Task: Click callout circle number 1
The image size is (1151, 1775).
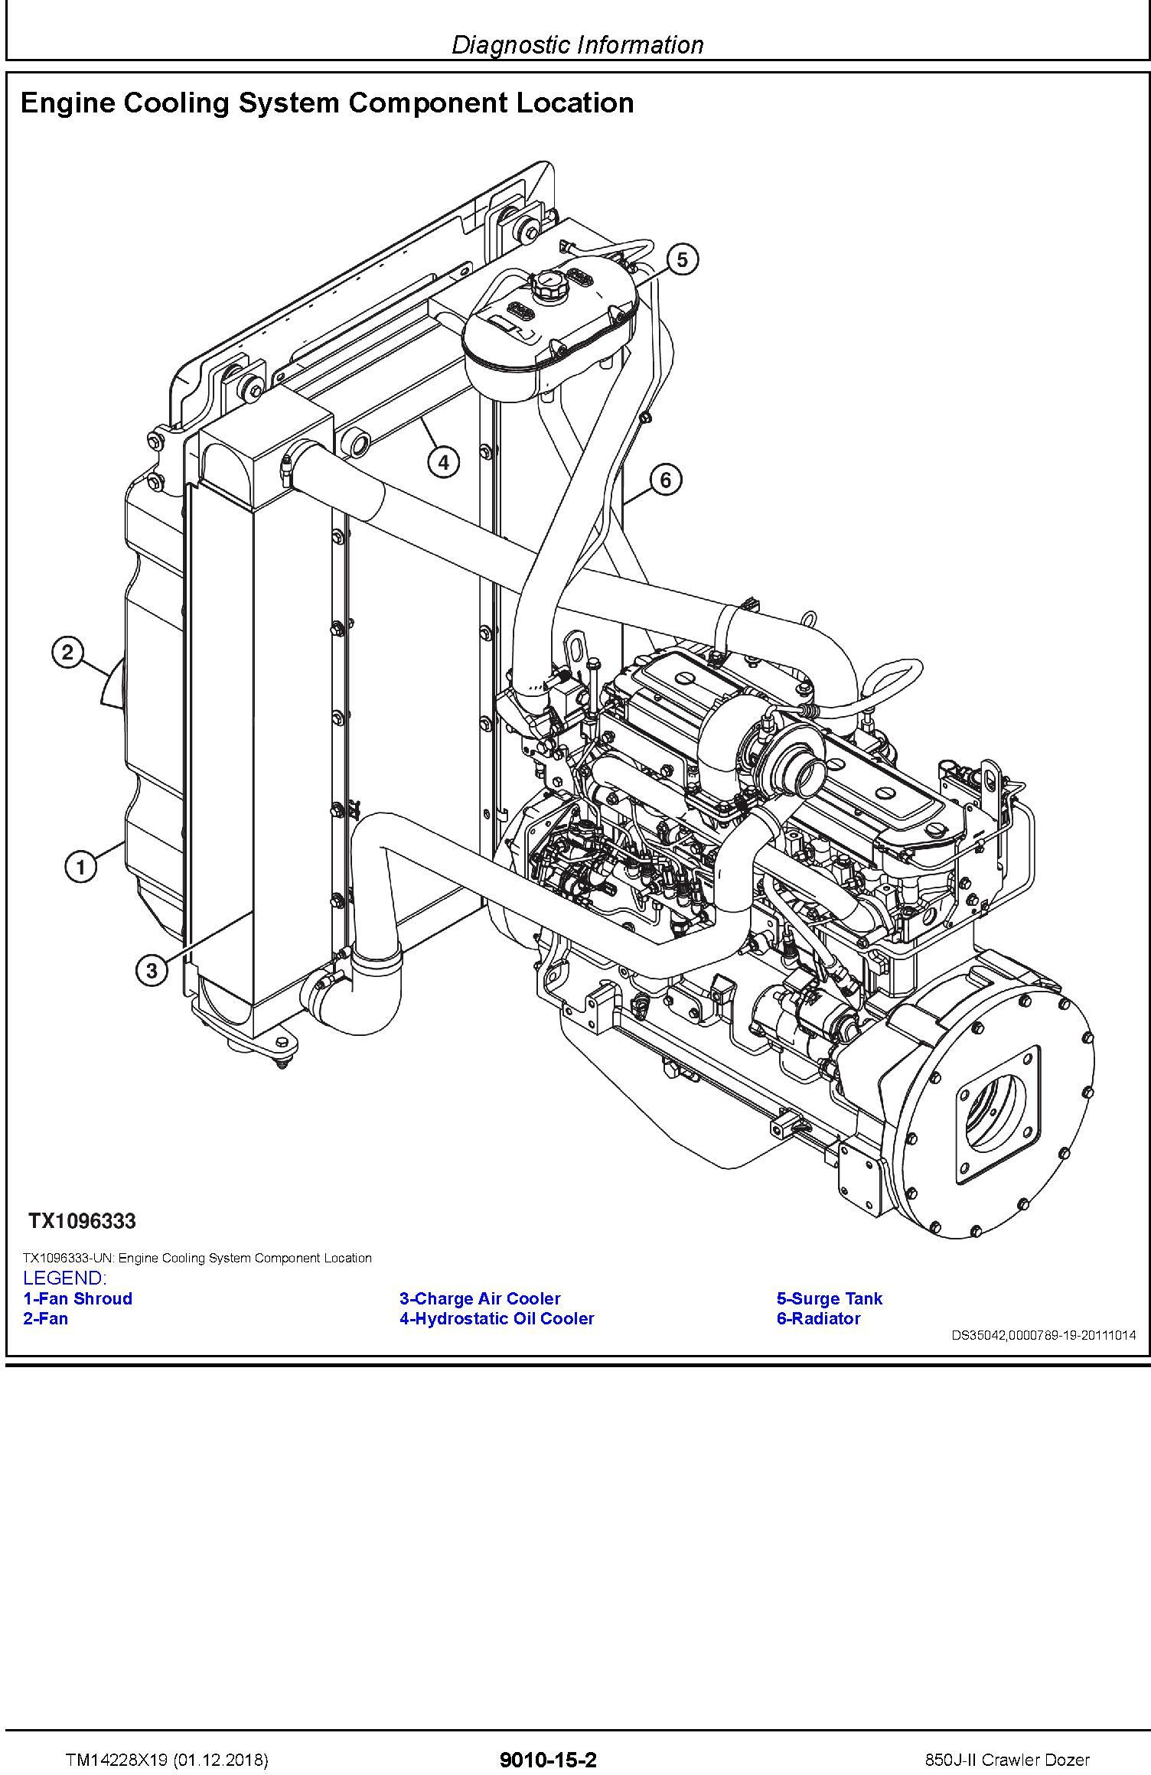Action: [x=80, y=868]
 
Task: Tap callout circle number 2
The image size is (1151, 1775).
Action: [x=67, y=653]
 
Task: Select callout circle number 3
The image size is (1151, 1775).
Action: [x=152, y=971]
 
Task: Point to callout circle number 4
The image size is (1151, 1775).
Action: [x=444, y=461]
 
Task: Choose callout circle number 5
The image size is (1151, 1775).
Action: [x=682, y=259]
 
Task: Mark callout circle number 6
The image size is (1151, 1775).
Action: [x=665, y=480]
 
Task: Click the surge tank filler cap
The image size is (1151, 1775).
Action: [x=549, y=285]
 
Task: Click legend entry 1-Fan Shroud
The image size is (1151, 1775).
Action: [x=78, y=1298]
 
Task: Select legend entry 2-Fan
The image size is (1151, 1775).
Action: [x=46, y=1318]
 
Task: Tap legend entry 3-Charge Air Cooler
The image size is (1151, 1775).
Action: [x=480, y=1298]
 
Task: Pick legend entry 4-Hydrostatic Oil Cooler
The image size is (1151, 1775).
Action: [x=497, y=1318]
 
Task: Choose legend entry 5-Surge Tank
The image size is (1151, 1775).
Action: [x=830, y=1298]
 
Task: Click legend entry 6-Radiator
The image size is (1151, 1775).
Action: [x=819, y=1318]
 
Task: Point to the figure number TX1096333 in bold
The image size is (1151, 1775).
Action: [x=83, y=1221]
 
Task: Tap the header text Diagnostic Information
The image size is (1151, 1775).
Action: [x=578, y=45]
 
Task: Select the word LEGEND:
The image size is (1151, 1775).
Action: [x=65, y=1278]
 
